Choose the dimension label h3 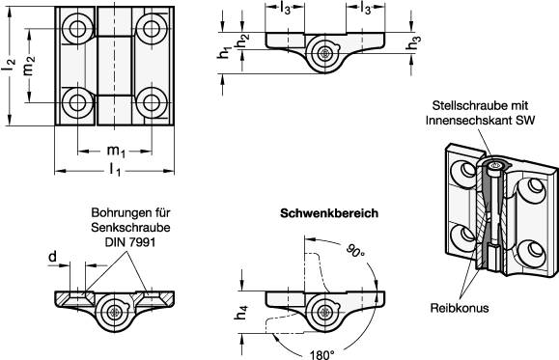click(x=413, y=42)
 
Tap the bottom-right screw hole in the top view click(x=152, y=103)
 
